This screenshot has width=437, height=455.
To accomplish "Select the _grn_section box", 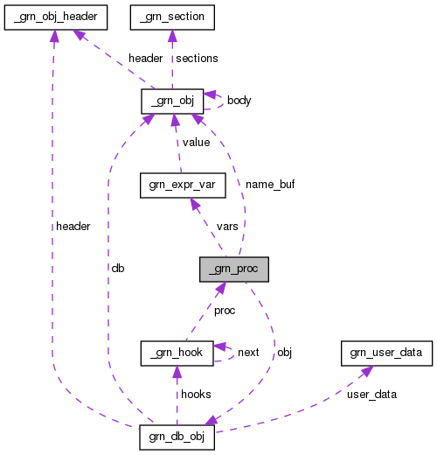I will pyautogui.click(x=171, y=16).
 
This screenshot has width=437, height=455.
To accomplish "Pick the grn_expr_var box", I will pyautogui.click(x=183, y=185).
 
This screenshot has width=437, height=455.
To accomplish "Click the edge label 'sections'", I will pyautogui.click(x=197, y=59).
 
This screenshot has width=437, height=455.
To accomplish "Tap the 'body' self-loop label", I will pyautogui.click(x=239, y=101).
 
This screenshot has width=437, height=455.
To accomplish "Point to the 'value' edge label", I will pyautogui.click(x=198, y=143).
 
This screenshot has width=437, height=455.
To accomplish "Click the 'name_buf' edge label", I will pyautogui.click(x=269, y=185).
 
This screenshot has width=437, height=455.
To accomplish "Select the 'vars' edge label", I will pyautogui.click(x=227, y=227).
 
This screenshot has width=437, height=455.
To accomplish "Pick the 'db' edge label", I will pyautogui.click(x=117, y=269).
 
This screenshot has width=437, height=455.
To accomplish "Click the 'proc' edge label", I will pyautogui.click(x=225, y=311).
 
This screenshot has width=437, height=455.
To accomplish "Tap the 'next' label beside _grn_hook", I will pyautogui.click(x=248, y=353).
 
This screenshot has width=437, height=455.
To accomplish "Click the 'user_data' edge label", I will pyautogui.click(x=371, y=395).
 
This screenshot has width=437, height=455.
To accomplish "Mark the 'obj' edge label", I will pyautogui.click(x=284, y=353).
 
